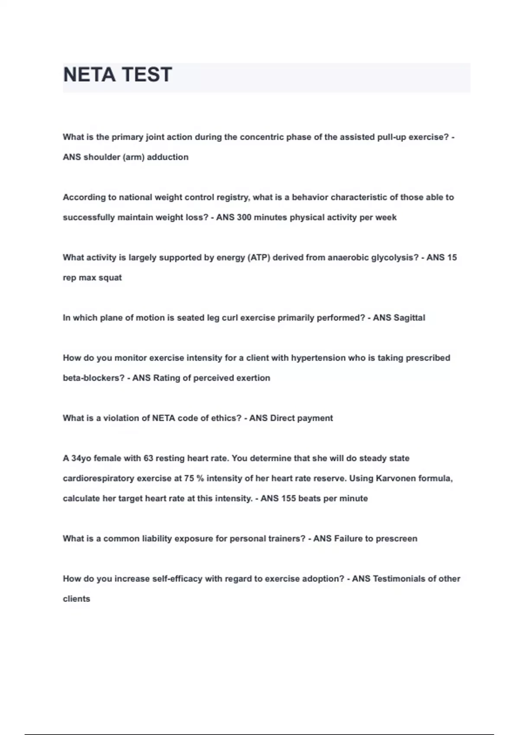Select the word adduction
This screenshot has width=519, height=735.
point(168,157)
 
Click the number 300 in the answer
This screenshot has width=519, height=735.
point(244,217)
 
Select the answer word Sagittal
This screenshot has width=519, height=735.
point(409,318)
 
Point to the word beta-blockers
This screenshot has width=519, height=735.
point(93,378)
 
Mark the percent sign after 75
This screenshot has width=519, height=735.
point(200,479)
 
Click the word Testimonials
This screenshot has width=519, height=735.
point(399,579)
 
